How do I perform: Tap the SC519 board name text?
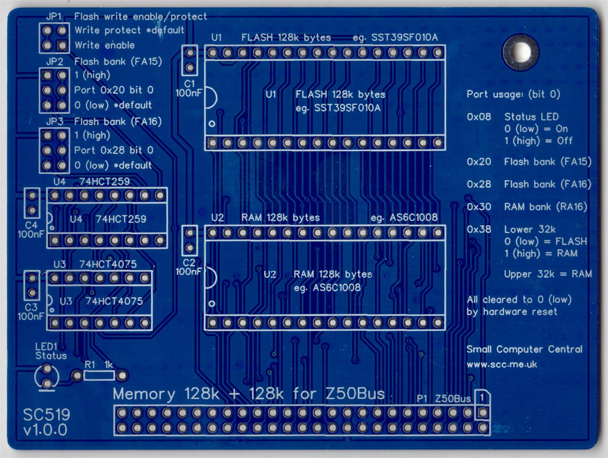(x=47, y=415)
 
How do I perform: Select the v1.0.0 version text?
(x=45, y=430)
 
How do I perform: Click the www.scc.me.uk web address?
(x=501, y=364)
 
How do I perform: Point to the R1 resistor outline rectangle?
(x=99, y=375)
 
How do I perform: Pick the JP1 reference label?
(x=53, y=16)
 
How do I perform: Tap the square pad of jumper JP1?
(x=62, y=45)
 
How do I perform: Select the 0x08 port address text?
(x=479, y=117)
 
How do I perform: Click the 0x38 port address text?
(x=479, y=229)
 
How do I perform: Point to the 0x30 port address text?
(x=479, y=207)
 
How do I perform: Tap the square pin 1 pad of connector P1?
(x=482, y=413)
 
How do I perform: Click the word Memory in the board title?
(x=144, y=394)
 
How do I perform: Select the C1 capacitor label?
(x=189, y=83)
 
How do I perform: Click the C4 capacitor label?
(x=31, y=225)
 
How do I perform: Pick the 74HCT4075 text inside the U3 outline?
(x=114, y=301)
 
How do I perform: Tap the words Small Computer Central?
(x=524, y=349)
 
